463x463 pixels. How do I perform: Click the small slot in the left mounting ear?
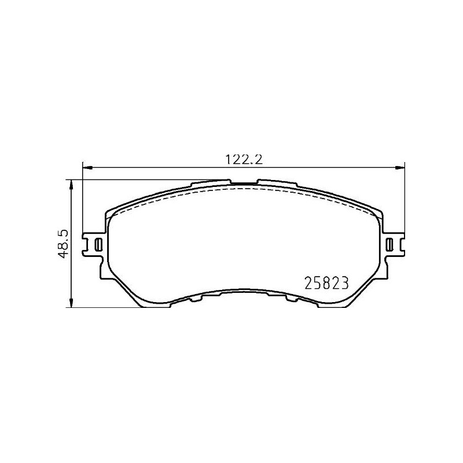(x=98, y=244)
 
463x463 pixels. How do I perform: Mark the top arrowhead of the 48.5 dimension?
(x=71, y=183)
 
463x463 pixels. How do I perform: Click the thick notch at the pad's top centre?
(x=244, y=185)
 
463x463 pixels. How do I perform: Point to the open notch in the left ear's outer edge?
(x=85, y=244)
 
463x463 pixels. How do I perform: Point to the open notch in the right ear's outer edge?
(x=402, y=244)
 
